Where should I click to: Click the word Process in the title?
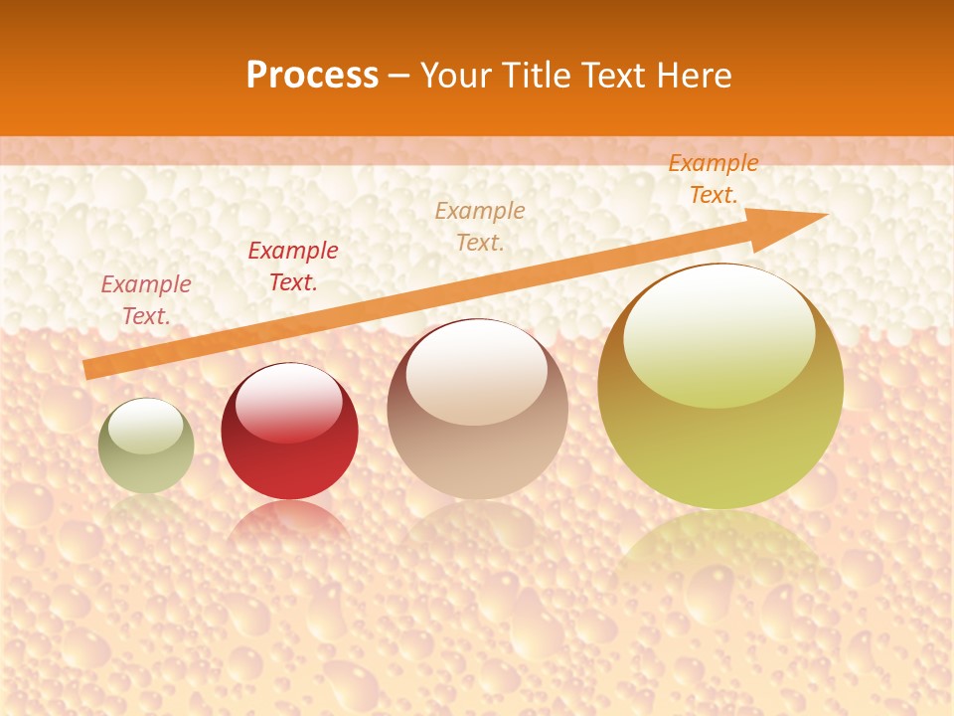(312, 76)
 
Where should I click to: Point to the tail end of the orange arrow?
(89, 369)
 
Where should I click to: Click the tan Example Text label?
(480, 226)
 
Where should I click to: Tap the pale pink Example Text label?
(146, 299)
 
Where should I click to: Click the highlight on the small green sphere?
(145, 426)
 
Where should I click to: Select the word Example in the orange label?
(714, 163)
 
